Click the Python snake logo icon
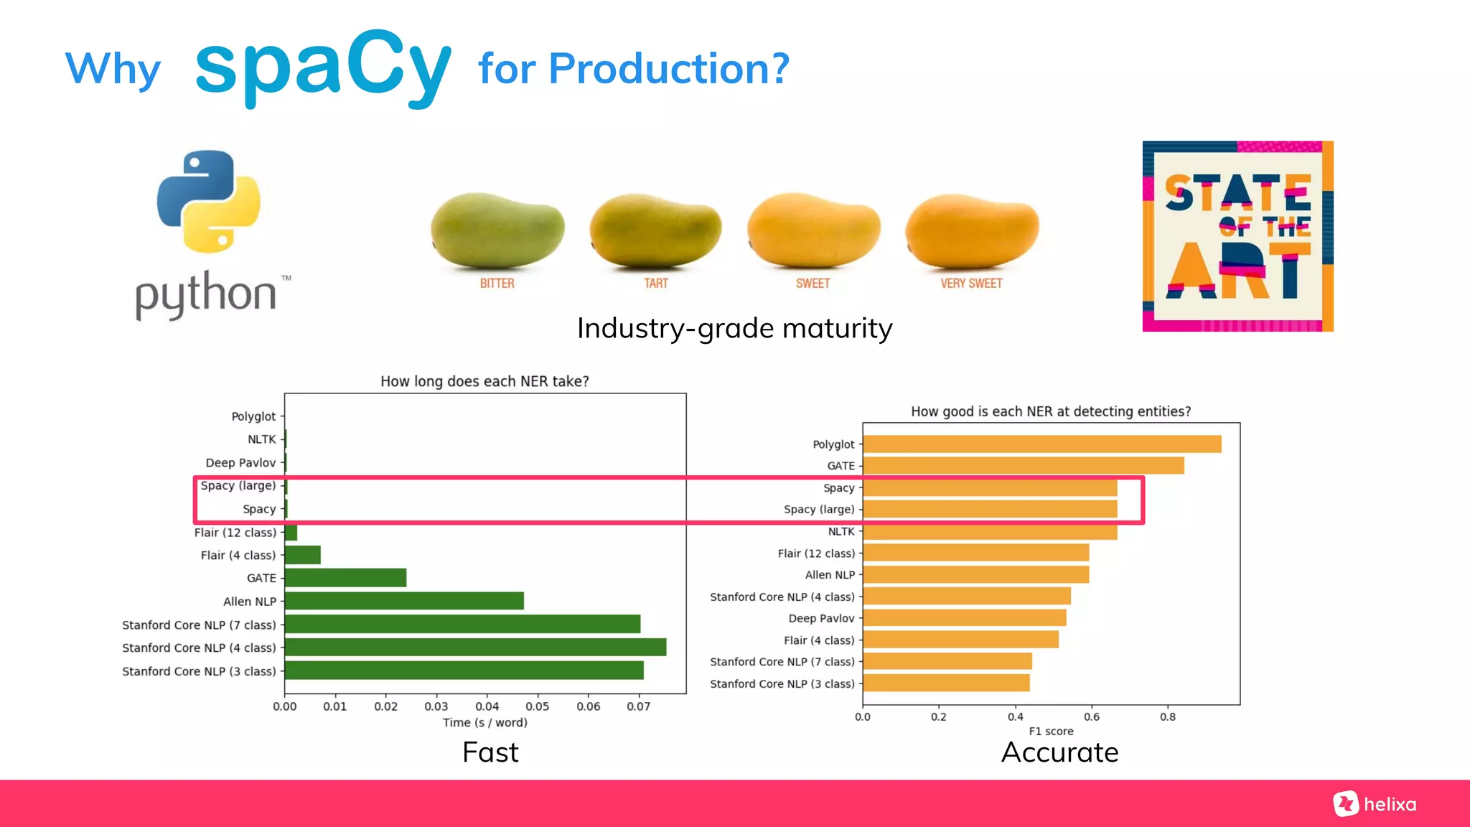[x=208, y=202]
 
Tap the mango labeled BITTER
[x=497, y=230]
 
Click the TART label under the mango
[x=655, y=284]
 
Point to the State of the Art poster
[x=1237, y=236]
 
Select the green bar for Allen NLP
[x=404, y=601]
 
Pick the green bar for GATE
[x=345, y=578]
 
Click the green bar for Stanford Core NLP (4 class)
[x=475, y=648]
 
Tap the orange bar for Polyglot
[x=1041, y=444]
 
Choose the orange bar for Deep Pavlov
[x=964, y=618]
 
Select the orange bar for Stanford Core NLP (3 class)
[x=946, y=683]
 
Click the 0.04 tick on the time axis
[x=487, y=706]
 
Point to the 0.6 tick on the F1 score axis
[x=1091, y=716]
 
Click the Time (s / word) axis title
[x=484, y=723]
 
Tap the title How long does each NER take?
[x=484, y=381]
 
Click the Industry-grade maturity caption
[x=734, y=329]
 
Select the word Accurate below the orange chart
[x=1059, y=752]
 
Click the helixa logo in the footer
[x=1375, y=804]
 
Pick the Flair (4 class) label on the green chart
[x=238, y=556]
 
